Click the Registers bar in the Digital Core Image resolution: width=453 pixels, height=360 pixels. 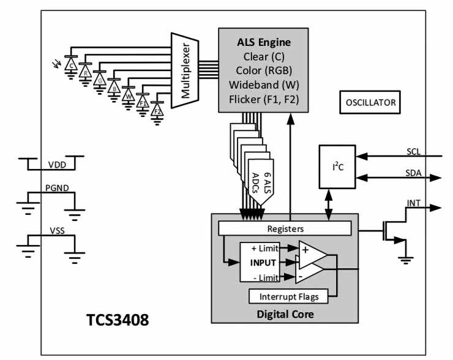tap(285, 228)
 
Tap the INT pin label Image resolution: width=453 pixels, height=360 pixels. tap(414, 202)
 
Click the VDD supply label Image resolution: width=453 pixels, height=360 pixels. tap(57, 165)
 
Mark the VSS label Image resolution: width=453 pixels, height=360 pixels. tap(57, 233)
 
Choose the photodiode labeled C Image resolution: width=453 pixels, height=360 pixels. tap(72, 64)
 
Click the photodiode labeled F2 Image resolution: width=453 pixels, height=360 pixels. tap(157, 111)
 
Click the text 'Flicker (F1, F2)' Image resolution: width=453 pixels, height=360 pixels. tap(263, 99)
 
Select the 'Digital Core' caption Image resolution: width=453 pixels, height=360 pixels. tap(285, 313)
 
